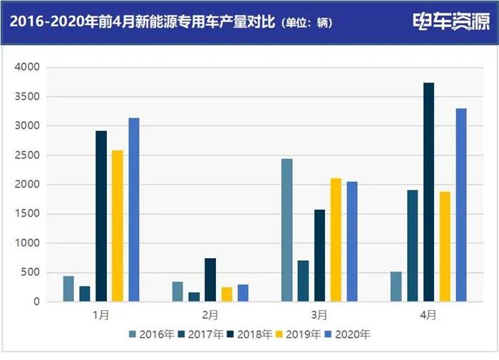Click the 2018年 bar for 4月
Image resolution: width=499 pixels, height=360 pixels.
(428, 192)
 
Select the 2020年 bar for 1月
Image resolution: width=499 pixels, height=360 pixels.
(134, 210)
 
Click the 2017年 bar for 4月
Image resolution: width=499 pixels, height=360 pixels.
(412, 246)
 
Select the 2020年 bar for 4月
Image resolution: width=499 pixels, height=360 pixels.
(461, 205)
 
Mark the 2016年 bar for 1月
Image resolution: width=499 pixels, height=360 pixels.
(68, 289)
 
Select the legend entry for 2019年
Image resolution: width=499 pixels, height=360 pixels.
(294, 334)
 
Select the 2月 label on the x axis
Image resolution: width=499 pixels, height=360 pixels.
(210, 314)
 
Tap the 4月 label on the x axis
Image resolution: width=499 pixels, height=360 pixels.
(428, 314)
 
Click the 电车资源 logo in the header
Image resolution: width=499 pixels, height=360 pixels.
(451, 22)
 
